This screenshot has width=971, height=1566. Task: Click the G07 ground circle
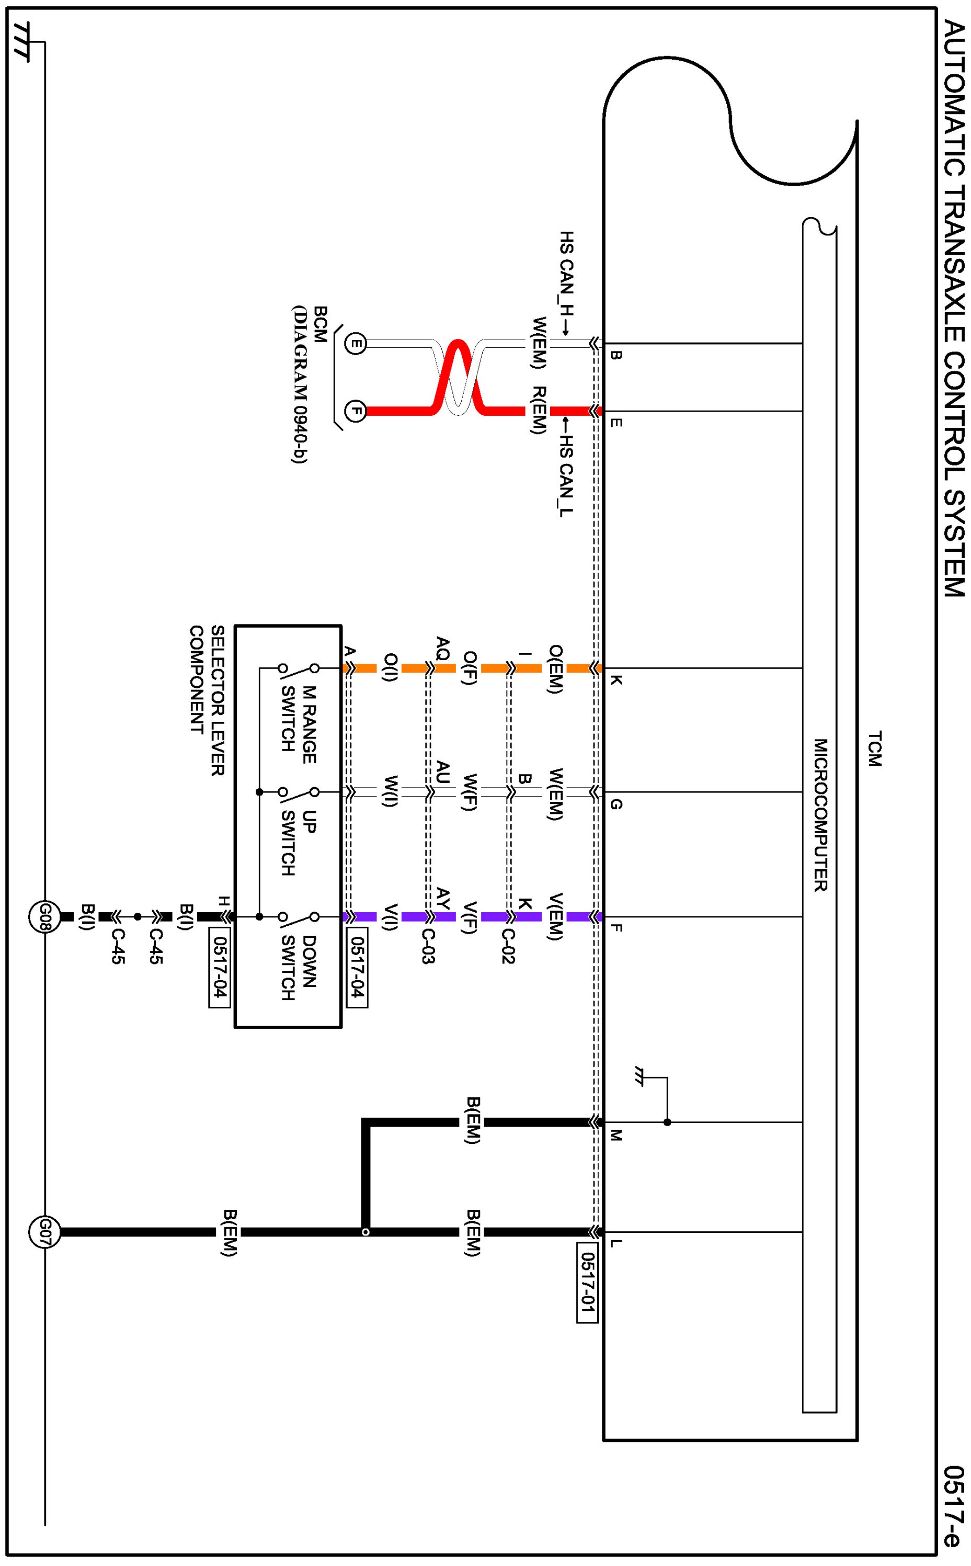44,1232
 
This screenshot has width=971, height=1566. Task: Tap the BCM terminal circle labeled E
355,344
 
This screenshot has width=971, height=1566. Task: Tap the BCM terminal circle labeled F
355,411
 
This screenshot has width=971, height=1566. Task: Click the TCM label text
875,748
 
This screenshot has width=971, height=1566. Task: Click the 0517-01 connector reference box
588,1283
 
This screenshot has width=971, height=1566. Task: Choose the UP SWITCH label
299,843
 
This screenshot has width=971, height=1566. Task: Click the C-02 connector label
507,946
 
